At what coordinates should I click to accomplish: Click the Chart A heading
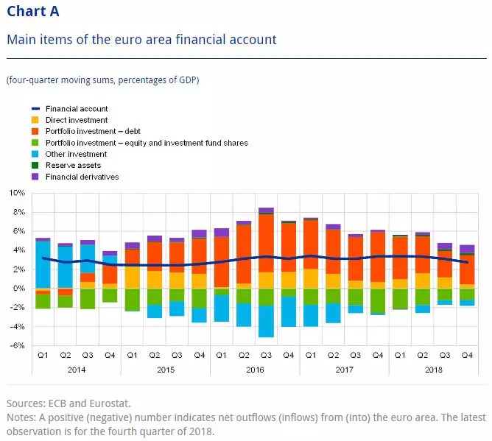33,12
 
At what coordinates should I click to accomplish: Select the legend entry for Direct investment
76,120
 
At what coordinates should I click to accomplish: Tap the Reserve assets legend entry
73,166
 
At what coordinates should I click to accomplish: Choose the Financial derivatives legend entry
81,177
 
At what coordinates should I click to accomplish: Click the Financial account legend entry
76,109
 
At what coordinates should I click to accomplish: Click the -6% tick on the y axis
17,346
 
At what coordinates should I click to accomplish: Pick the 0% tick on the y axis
19,289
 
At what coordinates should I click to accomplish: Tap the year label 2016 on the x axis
254,369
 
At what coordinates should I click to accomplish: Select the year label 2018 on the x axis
433,369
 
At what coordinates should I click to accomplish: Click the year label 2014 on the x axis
76,369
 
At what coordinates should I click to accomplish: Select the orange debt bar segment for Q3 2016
266,243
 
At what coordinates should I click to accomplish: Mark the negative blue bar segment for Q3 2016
266,321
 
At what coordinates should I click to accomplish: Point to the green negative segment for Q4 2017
378,300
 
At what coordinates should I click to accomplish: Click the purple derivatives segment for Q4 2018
467,249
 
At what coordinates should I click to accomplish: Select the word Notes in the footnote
20,417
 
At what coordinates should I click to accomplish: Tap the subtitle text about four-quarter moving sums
102,80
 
